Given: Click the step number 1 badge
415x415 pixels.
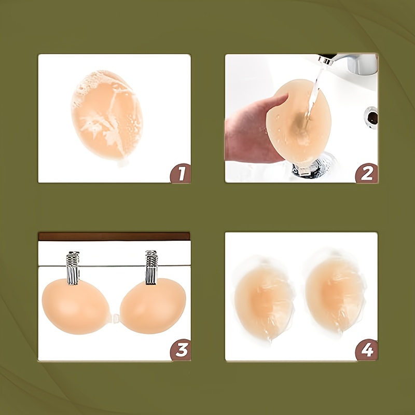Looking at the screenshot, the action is coord(181,173).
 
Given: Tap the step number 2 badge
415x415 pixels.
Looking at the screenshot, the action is coord(367,173).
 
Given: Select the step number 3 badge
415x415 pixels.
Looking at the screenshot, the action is coord(181,350).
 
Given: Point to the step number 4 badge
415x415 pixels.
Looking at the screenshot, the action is coord(367,350).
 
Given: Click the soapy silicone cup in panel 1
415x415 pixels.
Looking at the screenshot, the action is coord(107,115).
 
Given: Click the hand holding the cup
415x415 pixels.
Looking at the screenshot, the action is coord(254,130).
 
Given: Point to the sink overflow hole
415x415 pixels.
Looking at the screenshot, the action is coord(371,118).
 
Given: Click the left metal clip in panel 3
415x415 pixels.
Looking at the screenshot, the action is coord(73,268).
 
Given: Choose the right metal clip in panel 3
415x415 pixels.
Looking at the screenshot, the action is coord(151,267).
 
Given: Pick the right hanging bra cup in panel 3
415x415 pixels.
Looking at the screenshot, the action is coord(153,306).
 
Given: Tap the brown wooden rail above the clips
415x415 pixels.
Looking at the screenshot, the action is coord(114,237).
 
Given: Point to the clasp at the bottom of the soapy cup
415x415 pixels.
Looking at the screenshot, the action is coord(123,162).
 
